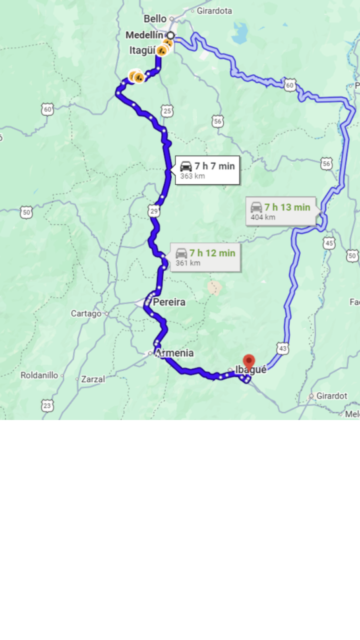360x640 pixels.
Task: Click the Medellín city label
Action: [144, 35]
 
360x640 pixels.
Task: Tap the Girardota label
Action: [214, 11]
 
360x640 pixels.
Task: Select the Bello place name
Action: [155, 19]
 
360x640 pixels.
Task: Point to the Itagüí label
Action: [142, 50]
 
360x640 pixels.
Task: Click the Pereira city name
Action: [169, 302]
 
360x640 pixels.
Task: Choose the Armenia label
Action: [174, 353]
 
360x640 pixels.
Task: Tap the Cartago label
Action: [86, 313]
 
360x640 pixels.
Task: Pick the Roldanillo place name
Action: [39, 375]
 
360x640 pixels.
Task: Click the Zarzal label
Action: [93, 379]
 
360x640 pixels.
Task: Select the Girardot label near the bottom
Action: [331, 396]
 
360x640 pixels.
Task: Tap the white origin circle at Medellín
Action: [170, 35]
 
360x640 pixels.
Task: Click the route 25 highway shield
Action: [167, 111]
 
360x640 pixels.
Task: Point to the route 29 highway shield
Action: [154, 211]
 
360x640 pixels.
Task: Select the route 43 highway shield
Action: [283, 348]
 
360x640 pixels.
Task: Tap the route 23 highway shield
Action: [47, 406]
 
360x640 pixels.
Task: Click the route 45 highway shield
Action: [329, 243]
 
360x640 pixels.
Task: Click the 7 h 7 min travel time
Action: [215, 166]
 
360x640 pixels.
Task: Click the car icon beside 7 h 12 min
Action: [181, 253]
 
